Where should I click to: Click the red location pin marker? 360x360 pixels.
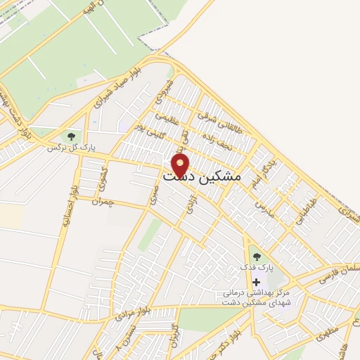click(181, 165)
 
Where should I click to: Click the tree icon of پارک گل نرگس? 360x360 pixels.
click(71, 136)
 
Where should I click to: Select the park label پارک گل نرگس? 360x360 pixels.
click(71, 148)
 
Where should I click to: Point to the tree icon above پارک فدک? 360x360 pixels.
click(255, 257)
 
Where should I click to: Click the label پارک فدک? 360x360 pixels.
click(257, 268)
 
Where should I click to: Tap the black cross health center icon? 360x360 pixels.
click(255, 281)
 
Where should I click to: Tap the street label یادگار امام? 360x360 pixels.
click(271, 172)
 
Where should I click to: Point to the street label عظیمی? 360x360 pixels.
click(163, 120)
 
